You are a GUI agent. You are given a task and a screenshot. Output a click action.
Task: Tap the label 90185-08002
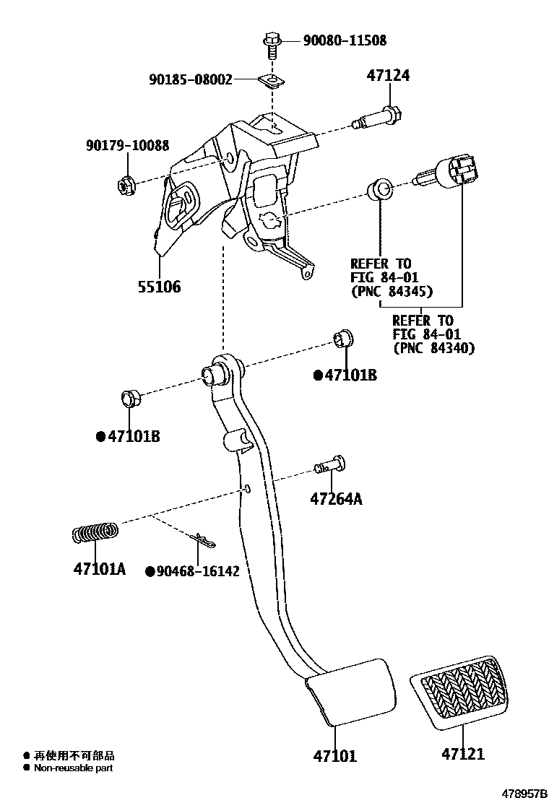(x=191, y=79)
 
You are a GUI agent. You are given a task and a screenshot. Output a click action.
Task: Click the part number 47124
(x=387, y=76)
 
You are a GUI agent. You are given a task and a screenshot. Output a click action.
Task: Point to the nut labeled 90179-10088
(x=124, y=186)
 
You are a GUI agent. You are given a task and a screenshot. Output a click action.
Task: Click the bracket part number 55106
(x=159, y=287)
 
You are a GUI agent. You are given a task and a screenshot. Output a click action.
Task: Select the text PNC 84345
(x=392, y=292)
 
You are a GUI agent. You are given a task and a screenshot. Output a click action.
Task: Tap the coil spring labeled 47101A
(x=95, y=533)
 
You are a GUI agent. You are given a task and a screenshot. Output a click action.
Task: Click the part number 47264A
(x=336, y=498)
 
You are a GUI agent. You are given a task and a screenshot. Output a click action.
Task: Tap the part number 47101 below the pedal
(x=334, y=756)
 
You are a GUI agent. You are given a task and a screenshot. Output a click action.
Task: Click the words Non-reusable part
(x=74, y=768)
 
